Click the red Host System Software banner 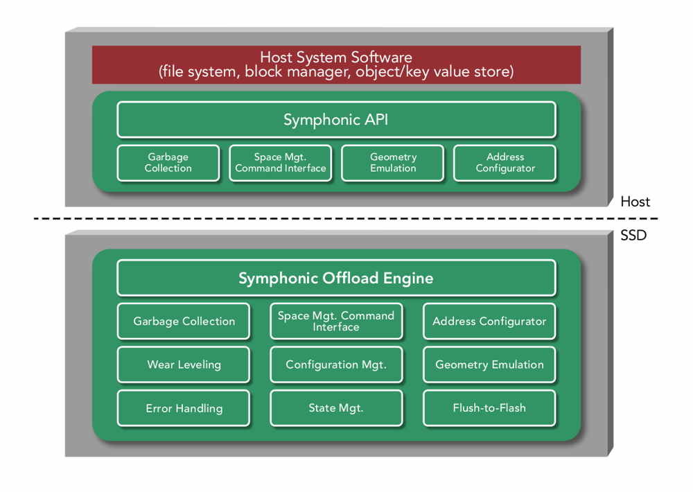tap(336, 64)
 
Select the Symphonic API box tap(336, 119)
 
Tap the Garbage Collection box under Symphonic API tap(168, 163)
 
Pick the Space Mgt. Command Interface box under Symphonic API tap(280, 163)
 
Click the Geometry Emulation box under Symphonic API tap(392, 163)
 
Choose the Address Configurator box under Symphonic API tap(505, 163)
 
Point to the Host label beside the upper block tap(635, 202)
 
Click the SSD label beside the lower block tap(633, 235)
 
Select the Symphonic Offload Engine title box tap(336, 278)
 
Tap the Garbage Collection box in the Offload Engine tap(184, 321)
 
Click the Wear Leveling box tap(184, 364)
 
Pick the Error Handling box tap(184, 407)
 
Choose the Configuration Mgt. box tap(336, 364)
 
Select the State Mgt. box tap(336, 407)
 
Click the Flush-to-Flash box tap(489, 407)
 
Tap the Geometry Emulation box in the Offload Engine tap(489, 364)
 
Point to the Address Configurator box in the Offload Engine tap(489, 321)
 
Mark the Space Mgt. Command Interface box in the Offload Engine tap(336, 321)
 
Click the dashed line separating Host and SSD tap(346, 218)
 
